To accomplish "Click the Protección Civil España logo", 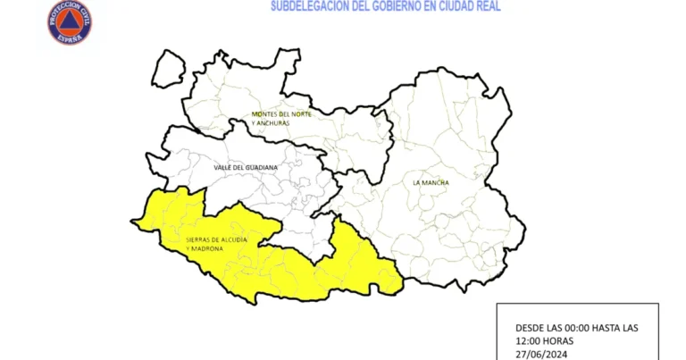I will (70, 22).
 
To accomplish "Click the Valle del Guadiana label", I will (246, 167).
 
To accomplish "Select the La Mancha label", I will (431, 183).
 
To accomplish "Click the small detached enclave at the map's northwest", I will (167, 69).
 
